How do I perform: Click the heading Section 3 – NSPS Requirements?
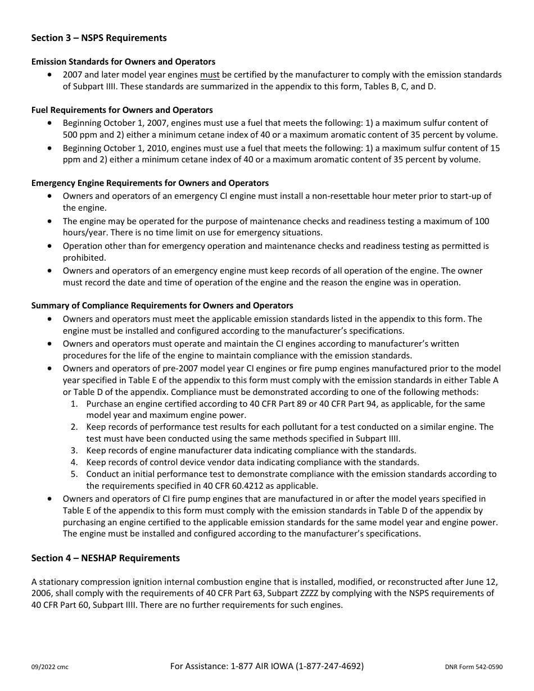click(99, 38)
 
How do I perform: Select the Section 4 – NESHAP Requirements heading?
click(106, 558)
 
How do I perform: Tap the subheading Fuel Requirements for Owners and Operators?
click(122, 110)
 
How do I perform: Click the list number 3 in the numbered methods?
click(74, 451)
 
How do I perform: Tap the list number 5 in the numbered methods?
click(74, 474)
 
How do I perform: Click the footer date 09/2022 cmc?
click(50, 667)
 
